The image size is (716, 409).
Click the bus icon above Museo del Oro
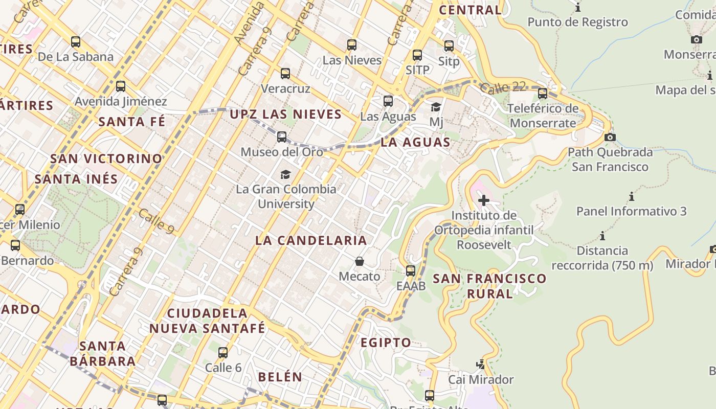point(282,137)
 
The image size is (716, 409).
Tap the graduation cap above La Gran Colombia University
point(285,174)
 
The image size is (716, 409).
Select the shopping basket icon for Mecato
point(360,261)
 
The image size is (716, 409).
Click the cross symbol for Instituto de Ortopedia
point(483,200)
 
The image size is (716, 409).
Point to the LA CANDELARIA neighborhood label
point(311,240)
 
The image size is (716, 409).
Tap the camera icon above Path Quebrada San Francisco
point(610,137)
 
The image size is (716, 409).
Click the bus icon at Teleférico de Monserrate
point(543,94)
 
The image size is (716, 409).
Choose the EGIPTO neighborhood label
point(386,343)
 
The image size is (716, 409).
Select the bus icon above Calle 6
point(223,352)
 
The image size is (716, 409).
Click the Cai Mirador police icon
point(480,365)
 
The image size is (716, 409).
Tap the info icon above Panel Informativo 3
point(632,196)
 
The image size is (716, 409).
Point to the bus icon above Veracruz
point(285,74)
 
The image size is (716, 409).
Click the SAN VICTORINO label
point(106,158)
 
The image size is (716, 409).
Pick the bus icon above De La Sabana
point(76,42)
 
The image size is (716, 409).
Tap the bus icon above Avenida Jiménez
point(121,86)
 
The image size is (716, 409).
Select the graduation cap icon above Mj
point(436,107)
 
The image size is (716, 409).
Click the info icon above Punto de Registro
point(578,7)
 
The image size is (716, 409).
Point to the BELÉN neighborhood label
point(280,377)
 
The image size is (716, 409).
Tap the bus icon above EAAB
point(411,271)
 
